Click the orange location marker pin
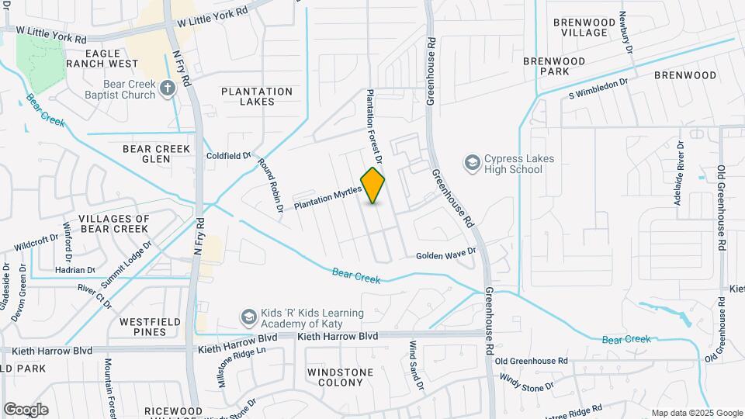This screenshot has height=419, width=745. [373, 185]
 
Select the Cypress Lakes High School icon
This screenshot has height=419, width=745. [471, 164]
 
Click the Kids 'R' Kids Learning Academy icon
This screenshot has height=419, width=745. [248, 317]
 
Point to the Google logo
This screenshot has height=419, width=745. [26, 409]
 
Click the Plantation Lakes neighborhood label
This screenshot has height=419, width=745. [257, 96]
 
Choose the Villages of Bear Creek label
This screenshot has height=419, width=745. [113, 223]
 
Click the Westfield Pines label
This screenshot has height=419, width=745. [151, 326]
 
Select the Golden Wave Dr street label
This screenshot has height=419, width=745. [445, 255]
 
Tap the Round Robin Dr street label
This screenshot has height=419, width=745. [269, 186]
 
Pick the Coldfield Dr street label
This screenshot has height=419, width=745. [229, 155]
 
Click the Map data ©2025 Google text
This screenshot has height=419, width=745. [696, 412]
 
